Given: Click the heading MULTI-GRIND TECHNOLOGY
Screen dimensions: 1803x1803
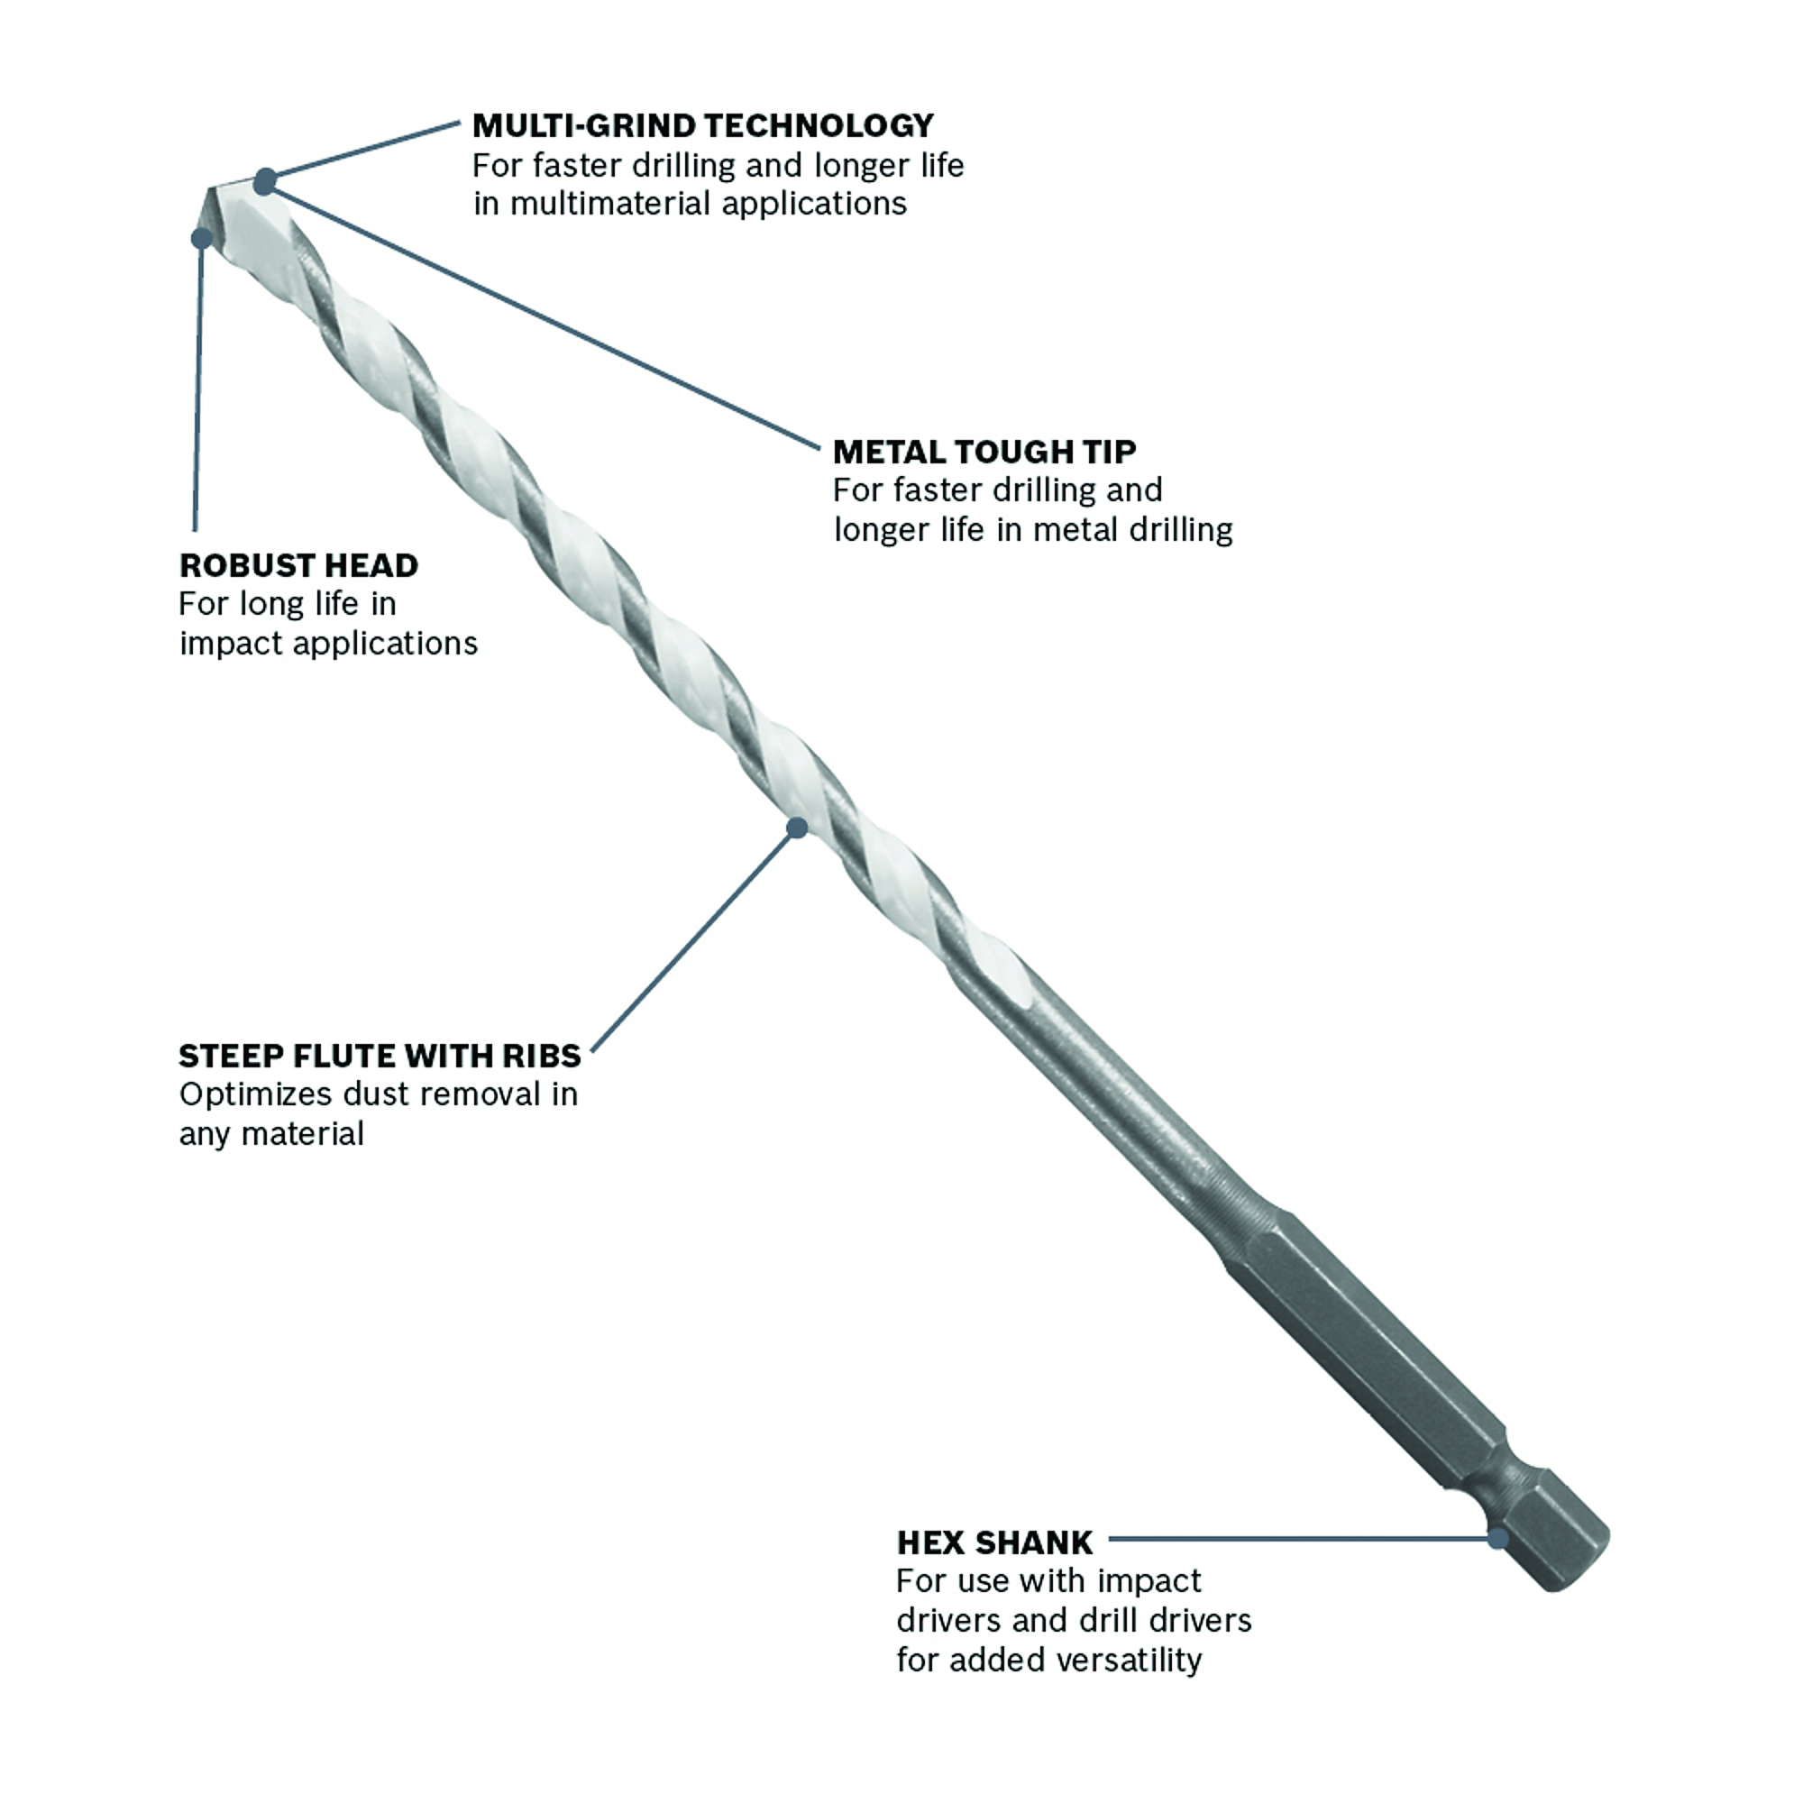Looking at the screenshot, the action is click(703, 125).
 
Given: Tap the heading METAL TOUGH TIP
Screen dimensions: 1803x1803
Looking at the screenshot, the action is click(984, 452).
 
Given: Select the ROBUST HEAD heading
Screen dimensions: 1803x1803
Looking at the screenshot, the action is click(298, 565).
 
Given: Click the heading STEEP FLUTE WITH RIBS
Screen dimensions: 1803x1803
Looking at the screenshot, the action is click(380, 1056).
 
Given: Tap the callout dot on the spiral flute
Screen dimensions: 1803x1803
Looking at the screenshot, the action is click(797, 828).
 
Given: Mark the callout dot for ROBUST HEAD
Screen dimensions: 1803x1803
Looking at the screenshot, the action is click(202, 238).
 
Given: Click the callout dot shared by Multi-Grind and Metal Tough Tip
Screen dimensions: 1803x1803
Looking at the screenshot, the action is click(266, 181).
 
